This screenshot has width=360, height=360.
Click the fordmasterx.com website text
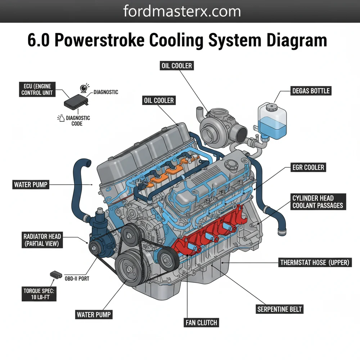(x=182, y=11)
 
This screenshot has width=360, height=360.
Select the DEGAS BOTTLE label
(x=311, y=91)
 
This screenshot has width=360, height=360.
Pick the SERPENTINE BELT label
(x=280, y=309)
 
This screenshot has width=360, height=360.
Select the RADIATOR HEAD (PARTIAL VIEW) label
(x=42, y=240)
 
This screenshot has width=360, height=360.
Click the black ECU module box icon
(x=75, y=101)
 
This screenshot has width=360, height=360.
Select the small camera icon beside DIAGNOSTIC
(x=85, y=88)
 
